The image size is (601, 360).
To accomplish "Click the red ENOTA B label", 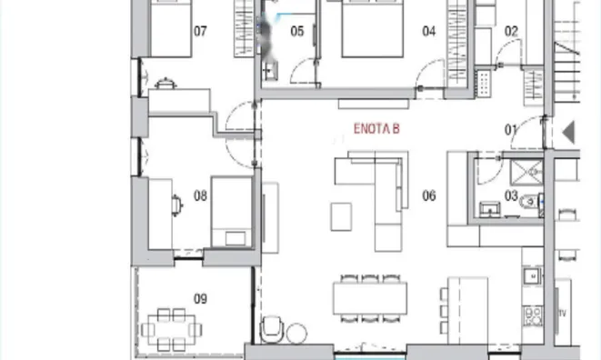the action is pos(376,129).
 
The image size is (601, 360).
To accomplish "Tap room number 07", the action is pos(200,31).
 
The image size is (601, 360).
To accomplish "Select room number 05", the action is pos(297,31).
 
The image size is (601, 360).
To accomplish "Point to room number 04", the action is pos(429,31).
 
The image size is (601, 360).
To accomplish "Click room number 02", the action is pos(511,31).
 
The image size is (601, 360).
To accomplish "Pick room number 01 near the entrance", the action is pos(510,130).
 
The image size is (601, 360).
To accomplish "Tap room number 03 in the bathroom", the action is pos(511,196).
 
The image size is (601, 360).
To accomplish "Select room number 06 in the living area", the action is pos(429,196).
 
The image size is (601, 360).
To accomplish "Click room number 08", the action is pos(200,196).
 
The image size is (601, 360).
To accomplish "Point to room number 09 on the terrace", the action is pos(200,299).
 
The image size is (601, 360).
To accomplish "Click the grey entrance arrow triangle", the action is pos(569,132).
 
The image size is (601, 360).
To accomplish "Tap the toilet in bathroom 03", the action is pos(529,201).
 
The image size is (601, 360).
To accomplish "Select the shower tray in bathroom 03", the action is pos(526,173).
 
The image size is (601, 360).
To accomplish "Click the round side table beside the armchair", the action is pos(296,333).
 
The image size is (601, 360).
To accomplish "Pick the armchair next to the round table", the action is pos(272,329).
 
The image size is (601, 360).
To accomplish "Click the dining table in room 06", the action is pos(370,298).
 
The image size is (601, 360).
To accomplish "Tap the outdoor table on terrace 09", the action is pos(171,329).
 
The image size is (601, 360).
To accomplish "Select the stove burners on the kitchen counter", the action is pos(533,316).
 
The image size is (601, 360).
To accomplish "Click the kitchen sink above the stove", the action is pos(533,275).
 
